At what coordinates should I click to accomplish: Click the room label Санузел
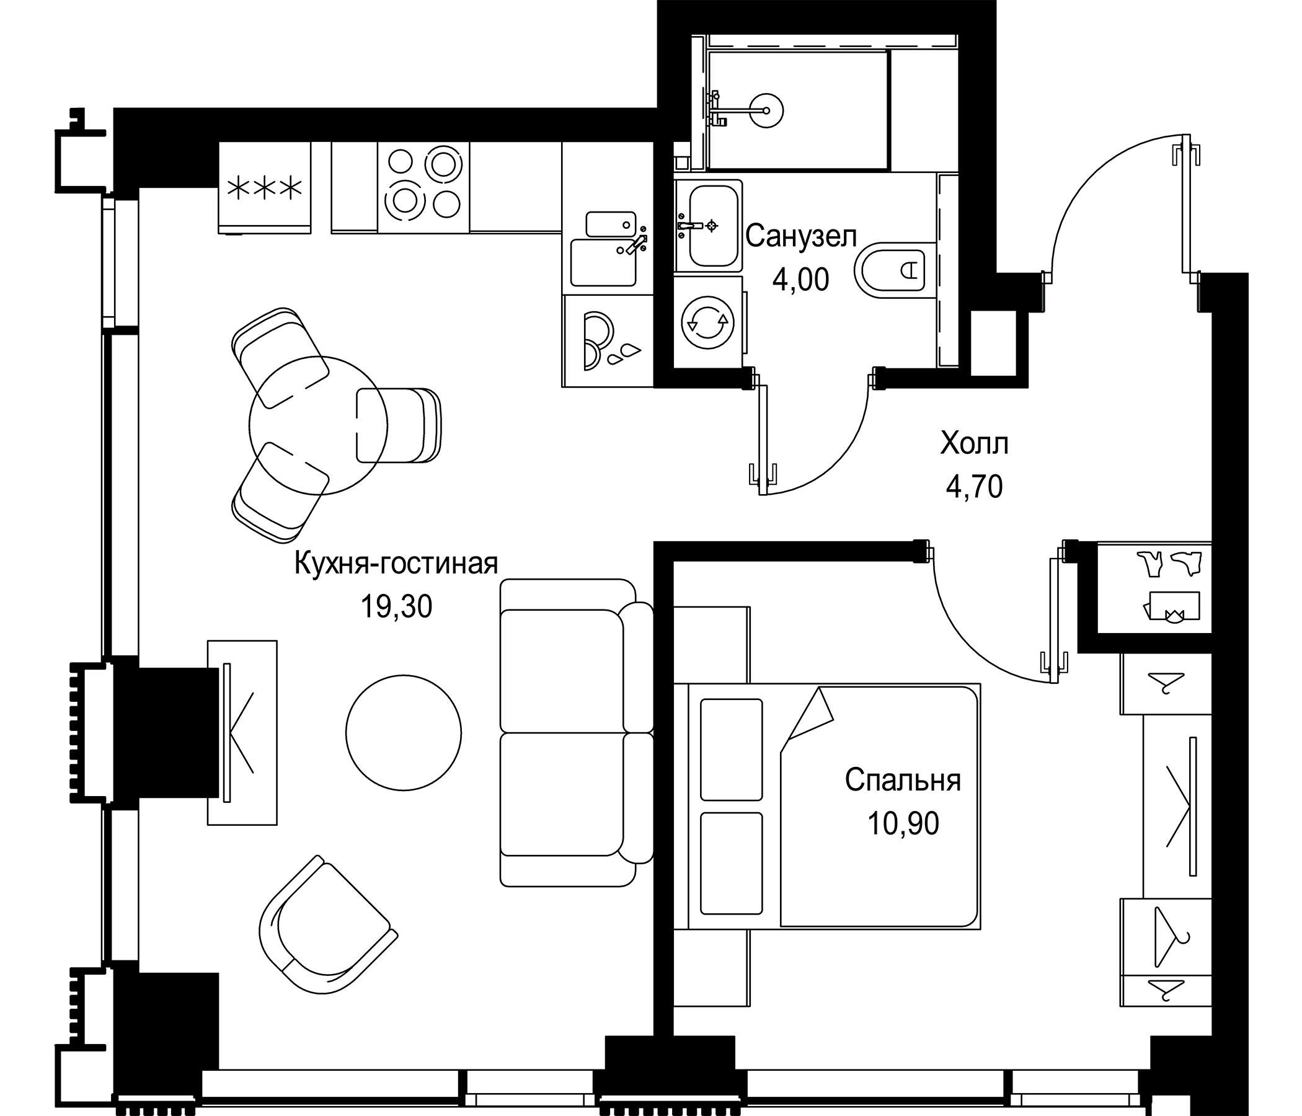(800, 237)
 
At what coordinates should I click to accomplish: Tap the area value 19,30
(396, 607)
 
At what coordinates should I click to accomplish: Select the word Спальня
(902, 781)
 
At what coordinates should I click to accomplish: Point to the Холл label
(974, 444)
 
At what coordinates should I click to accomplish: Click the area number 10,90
(903, 823)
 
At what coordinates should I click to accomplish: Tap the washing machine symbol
(707, 322)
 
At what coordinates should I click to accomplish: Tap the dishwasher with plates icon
(608, 340)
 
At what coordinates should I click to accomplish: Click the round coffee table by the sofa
(404, 733)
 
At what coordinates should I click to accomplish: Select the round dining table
(318, 425)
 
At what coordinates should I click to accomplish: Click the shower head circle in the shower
(766, 110)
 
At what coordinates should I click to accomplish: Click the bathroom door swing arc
(836, 453)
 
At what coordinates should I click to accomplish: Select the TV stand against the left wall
(242, 732)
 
